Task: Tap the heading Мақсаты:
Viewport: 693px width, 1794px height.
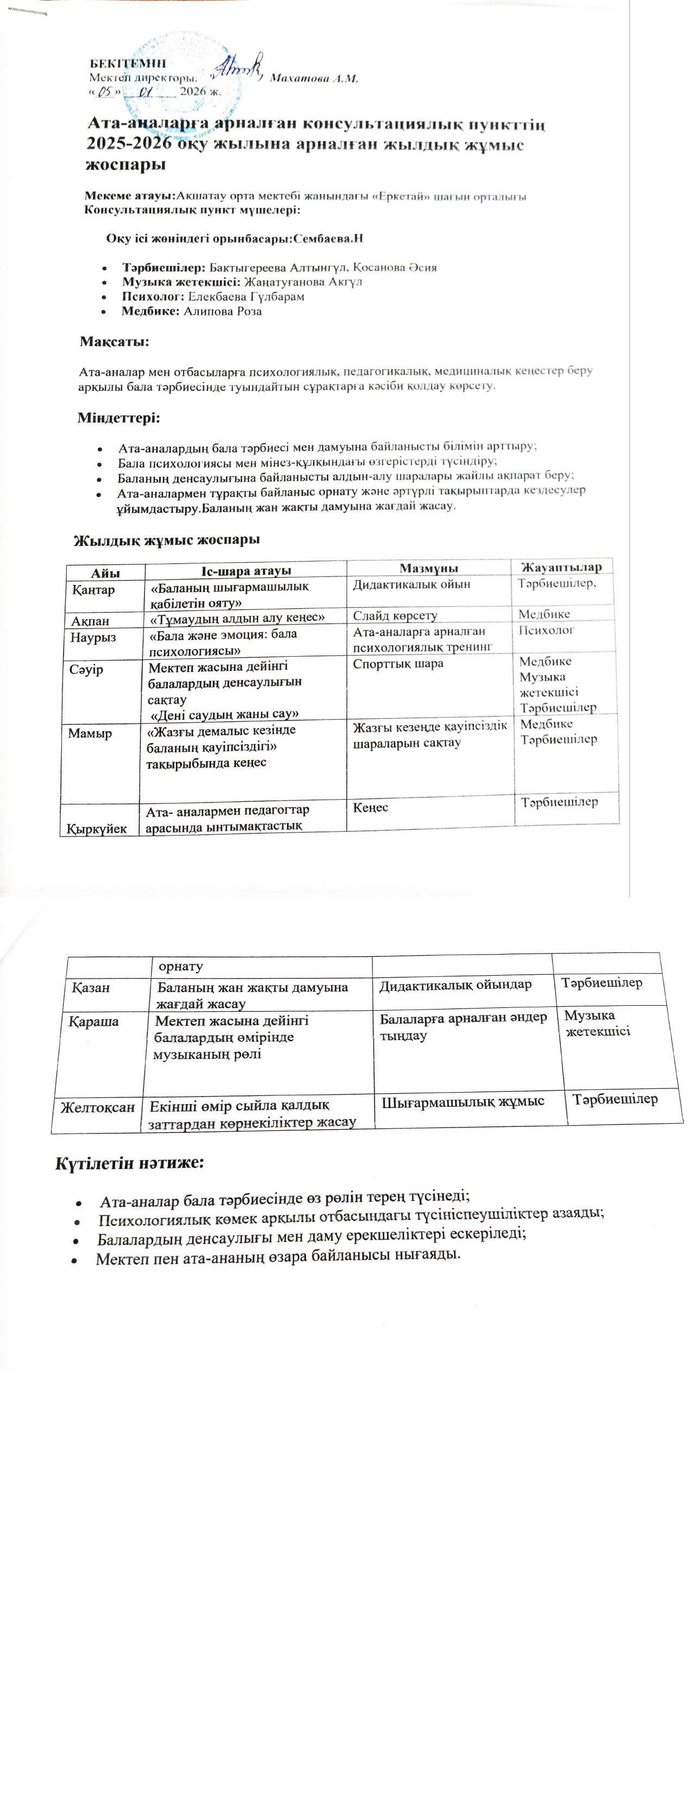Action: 114,342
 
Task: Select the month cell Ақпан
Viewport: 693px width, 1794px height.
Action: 91,620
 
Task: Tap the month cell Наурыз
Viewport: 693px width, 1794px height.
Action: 92,637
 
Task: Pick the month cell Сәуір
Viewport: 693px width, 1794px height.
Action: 86,669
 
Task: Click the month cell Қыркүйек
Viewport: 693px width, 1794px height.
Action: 97,829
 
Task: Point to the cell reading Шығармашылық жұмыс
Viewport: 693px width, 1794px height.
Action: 464,1102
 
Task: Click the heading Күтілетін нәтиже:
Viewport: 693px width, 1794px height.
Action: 129,1163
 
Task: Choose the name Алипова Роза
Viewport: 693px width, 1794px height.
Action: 222,312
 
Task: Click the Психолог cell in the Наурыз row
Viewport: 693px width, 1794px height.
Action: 547,630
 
